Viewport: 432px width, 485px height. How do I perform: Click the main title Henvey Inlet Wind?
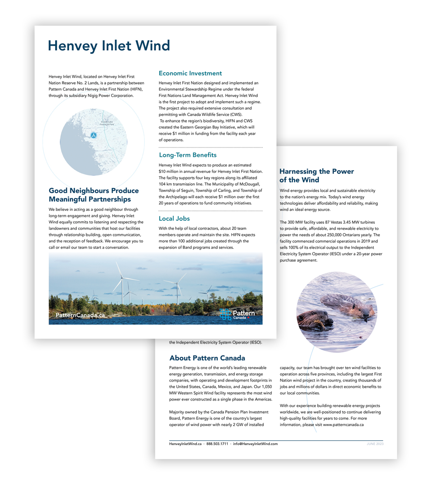(x=109, y=46)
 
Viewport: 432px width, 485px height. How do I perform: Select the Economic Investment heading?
(x=190, y=74)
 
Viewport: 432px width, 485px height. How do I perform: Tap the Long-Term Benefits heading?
(x=188, y=155)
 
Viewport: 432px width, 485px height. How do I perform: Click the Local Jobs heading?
(x=174, y=219)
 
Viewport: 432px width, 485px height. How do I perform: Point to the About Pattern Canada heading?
(x=207, y=358)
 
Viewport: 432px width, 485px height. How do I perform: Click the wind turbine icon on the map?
(x=94, y=135)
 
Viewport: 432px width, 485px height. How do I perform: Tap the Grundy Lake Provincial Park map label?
(x=107, y=123)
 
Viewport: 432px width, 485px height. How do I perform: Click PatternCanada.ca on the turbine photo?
(x=80, y=315)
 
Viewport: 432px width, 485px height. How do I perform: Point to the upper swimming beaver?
(x=347, y=304)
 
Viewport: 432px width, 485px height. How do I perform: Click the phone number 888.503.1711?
(x=217, y=444)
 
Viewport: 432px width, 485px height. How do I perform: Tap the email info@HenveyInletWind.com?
(x=255, y=444)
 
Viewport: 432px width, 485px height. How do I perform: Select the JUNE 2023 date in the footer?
(x=375, y=444)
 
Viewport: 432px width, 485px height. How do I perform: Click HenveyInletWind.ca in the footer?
(x=185, y=444)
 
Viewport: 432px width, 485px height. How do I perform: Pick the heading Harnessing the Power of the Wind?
(x=316, y=175)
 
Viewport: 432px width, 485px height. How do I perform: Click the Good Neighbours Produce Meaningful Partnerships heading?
(x=94, y=195)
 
